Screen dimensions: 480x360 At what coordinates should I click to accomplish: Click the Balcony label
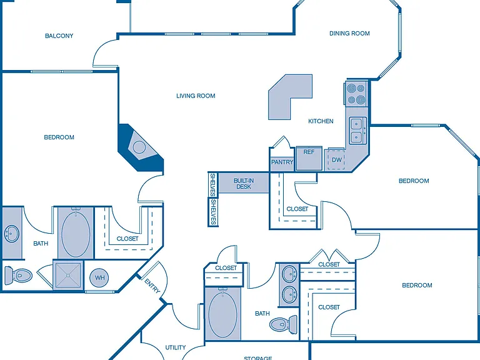[59, 36]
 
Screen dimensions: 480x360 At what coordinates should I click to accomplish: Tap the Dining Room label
[349, 33]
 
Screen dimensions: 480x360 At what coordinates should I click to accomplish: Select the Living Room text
[196, 96]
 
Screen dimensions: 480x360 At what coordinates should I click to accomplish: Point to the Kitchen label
[321, 121]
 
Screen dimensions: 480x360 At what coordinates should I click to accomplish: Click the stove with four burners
[356, 94]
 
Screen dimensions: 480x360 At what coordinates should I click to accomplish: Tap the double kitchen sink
[357, 130]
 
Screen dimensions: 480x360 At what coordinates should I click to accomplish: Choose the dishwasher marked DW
[336, 160]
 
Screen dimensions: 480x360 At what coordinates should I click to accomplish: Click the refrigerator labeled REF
[309, 158]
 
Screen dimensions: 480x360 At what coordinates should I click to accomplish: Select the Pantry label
[282, 162]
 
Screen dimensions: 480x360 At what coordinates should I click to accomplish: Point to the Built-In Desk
[243, 183]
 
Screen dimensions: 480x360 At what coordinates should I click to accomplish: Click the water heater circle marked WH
[99, 278]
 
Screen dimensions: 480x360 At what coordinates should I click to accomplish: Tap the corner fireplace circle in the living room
[139, 147]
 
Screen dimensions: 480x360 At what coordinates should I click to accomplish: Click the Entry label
[152, 286]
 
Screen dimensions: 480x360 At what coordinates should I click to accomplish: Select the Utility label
[176, 347]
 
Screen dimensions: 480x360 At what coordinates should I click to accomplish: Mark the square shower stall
[68, 275]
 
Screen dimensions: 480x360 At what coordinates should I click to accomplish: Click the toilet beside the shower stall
[18, 275]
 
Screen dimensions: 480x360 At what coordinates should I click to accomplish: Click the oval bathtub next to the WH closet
[76, 233]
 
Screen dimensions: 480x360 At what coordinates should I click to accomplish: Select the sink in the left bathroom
[12, 234]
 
